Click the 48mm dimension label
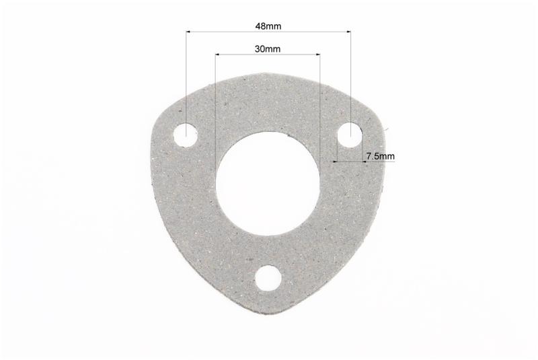268,26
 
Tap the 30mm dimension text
268,49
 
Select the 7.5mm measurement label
381,156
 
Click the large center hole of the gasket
268,183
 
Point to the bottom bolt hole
268,279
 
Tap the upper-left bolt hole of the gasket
186,135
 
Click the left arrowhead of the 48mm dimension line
188,32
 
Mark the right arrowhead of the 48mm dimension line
348,32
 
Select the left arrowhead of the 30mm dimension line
218,54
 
